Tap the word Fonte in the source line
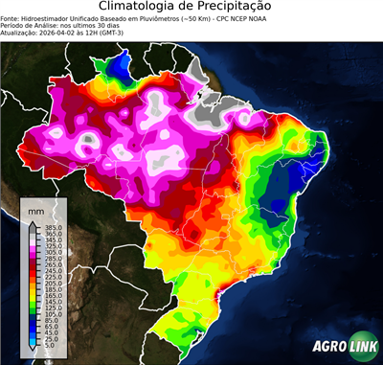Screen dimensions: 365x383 (x=12, y=17)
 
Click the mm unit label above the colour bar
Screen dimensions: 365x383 (x=36, y=210)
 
